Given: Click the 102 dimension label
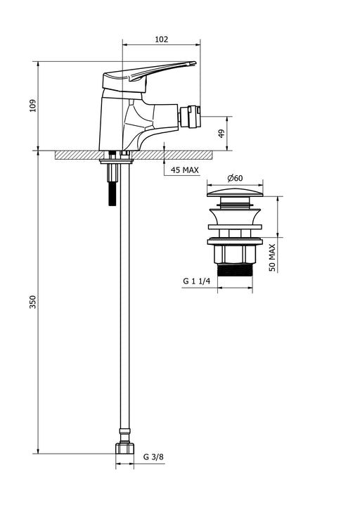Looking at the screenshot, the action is pos(161,39).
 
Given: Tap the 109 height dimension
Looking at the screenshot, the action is pos(33,106).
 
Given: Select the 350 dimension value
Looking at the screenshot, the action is pos(33,302).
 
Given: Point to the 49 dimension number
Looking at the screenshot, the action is pos(221,134).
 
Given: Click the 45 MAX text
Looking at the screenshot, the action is pos(185,170).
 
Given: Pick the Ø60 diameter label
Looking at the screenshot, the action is pos(235,178).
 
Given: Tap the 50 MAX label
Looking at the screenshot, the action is pos(272,257).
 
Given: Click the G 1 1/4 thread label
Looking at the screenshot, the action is pos(197,281).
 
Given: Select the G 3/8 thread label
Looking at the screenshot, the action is pos(153,457).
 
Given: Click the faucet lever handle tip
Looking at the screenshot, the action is pos(195,63).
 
